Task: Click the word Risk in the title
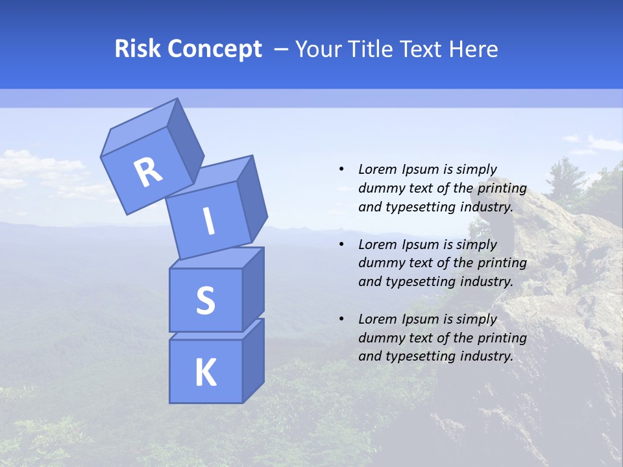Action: click(x=139, y=49)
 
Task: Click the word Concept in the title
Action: click(x=215, y=49)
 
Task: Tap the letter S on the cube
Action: click(x=205, y=301)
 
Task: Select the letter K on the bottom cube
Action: click(x=205, y=373)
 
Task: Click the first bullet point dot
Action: click(x=341, y=169)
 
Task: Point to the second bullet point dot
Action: click(x=341, y=245)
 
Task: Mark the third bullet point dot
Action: click(x=341, y=319)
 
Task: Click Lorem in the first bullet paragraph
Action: click(x=377, y=169)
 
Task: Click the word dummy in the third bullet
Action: click(x=378, y=338)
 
